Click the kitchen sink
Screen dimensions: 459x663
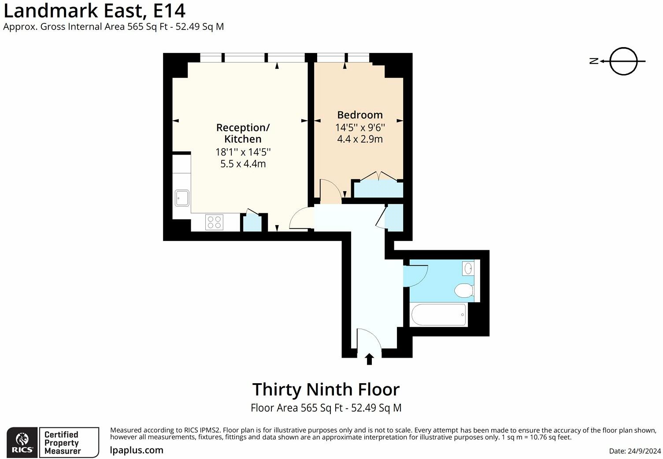point(182,198)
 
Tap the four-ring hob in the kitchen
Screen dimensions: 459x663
point(214,222)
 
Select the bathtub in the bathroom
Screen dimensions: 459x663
point(438,315)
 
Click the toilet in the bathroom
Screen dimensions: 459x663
point(464,290)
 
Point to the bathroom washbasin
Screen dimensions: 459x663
point(468,268)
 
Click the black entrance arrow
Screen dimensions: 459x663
point(369,359)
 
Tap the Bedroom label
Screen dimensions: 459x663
point(360,115)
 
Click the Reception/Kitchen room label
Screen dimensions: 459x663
point(243,133)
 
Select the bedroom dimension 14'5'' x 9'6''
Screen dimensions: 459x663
point(360,128)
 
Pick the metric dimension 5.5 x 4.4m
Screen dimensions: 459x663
point(243,164)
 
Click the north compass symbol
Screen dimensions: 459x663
point(623,61)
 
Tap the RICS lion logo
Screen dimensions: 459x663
point(22,442)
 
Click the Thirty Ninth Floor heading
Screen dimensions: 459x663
point(326,389)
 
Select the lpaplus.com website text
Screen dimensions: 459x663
point(137,450)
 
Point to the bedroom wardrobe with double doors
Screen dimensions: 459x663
point(378,188)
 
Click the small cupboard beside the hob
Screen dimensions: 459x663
point(252,222)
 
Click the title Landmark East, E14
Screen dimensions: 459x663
point(94,10)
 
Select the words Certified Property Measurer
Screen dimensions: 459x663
point(62,442)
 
